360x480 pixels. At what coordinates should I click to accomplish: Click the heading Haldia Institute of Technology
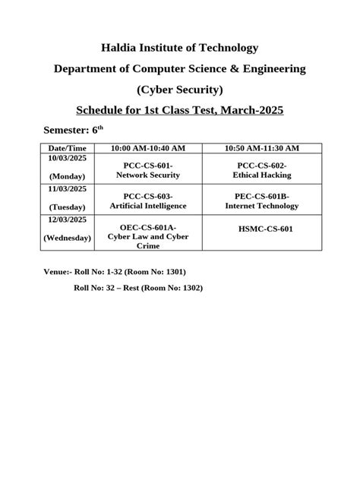[180, 48]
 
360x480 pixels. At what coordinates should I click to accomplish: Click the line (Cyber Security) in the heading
[180, 90]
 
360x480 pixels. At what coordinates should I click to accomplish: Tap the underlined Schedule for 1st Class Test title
[180, 111]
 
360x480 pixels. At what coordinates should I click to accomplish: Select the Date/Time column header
[66, 147]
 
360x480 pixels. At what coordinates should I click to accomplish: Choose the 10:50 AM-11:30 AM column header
[261, 147]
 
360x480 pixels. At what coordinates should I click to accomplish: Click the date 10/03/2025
[66, 157]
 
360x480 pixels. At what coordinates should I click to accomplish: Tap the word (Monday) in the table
[66, 177]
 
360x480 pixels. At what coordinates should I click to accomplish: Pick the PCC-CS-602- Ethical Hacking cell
[261, 169]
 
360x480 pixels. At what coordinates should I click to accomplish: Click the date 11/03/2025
[66, 188]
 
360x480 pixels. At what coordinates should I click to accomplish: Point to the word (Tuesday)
[66, 208]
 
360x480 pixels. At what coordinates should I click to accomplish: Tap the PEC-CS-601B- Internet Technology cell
[261, 201]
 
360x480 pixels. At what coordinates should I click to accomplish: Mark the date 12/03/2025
[66, 219]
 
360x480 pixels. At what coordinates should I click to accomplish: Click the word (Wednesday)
[66, 238]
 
